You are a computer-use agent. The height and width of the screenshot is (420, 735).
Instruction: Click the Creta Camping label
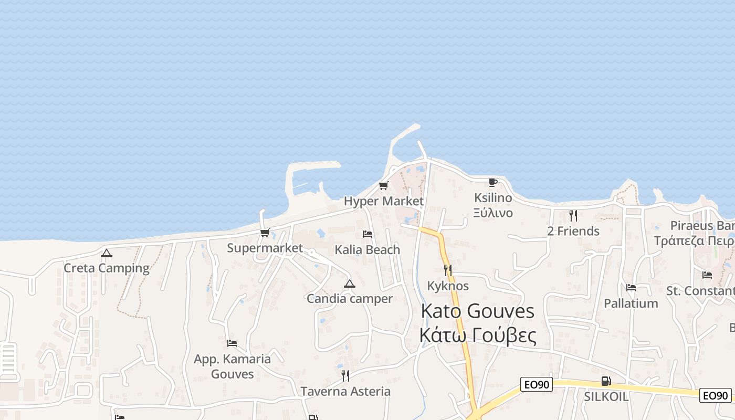pos(107,268)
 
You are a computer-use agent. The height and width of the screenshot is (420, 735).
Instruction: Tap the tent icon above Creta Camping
pos(107,254)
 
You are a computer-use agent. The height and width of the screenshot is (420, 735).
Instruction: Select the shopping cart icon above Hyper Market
pos(384,186)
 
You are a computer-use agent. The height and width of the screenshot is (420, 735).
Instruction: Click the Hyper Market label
pos(384,201)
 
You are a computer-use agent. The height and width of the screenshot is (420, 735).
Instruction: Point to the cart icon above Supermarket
pos(265,233)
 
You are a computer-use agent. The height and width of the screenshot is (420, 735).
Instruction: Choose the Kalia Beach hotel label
pos(367,250)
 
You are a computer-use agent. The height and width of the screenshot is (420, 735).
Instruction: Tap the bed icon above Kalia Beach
pos(367,234)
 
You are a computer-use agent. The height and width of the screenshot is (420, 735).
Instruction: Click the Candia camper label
pos(350,299)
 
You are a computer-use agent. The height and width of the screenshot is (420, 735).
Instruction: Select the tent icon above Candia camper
pos(350,284)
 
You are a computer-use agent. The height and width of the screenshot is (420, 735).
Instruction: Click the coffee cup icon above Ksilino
pos(493,183)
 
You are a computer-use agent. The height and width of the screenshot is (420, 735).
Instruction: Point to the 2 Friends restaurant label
pos(573,231)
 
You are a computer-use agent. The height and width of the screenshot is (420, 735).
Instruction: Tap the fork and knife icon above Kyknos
pos(448,270)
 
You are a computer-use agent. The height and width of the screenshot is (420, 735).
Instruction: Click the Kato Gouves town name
pos(478,311)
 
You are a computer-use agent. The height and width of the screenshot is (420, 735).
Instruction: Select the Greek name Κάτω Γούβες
pos(478,335)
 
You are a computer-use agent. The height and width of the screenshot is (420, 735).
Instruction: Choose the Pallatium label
pos(631,303)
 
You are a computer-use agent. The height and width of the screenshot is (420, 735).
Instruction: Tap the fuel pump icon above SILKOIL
pos(606,381)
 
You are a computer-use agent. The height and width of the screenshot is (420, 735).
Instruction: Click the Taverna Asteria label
pos(345,391)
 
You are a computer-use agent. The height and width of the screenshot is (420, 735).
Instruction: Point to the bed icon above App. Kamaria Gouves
pos(232,343)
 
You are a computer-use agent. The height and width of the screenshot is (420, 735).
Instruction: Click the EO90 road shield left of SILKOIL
pos(537,385)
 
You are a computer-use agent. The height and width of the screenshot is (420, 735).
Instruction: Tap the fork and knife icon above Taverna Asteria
pos(345,376)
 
